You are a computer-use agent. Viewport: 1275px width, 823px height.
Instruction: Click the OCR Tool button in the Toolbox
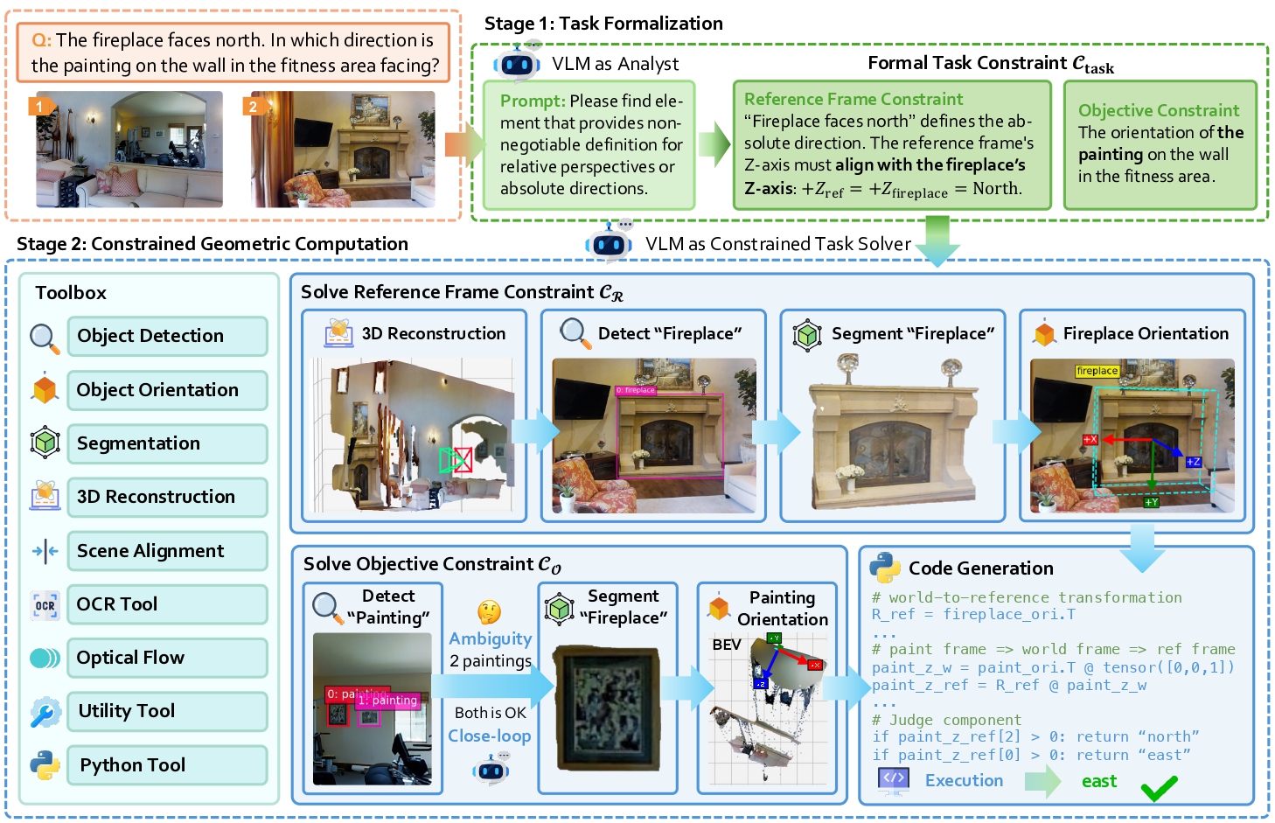coord(166,604)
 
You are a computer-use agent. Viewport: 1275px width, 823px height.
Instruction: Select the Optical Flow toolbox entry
coord(166,658)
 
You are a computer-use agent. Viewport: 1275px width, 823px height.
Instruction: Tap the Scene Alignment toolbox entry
coord(166,551)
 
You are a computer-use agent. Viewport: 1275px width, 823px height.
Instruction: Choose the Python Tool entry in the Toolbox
coord(166,765)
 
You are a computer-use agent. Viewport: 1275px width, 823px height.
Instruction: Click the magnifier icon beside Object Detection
coord(45,338)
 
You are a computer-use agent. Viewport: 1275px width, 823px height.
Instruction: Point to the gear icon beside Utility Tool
coord(45,712)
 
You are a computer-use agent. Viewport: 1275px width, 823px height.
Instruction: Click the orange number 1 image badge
coord(39,107)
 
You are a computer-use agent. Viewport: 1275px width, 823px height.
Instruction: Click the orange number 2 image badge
coord(254,107)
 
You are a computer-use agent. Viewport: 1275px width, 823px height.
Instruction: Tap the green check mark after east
coord(1159,789)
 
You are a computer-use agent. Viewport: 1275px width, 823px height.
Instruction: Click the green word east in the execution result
coord(1098,781)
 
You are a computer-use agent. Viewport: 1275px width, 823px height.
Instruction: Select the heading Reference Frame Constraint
coord(853,100)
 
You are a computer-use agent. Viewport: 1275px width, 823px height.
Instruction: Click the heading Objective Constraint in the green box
coord(1158,111)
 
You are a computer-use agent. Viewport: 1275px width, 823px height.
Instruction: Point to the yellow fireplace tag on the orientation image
coord(1097,371)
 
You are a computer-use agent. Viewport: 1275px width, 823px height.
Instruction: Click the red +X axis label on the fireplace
coord(1090,440)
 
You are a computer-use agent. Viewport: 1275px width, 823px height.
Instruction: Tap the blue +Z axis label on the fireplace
coord(1193,462)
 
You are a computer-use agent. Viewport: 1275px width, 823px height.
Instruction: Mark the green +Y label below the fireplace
coord(1152,502)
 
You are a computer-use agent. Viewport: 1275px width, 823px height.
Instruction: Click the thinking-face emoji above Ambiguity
coord(489,612)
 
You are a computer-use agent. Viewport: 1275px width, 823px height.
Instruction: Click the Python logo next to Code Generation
coord(885,568)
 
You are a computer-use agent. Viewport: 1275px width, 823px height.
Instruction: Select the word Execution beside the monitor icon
coord(964,780)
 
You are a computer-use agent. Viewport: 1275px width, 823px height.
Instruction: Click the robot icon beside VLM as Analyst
coord(517,65)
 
